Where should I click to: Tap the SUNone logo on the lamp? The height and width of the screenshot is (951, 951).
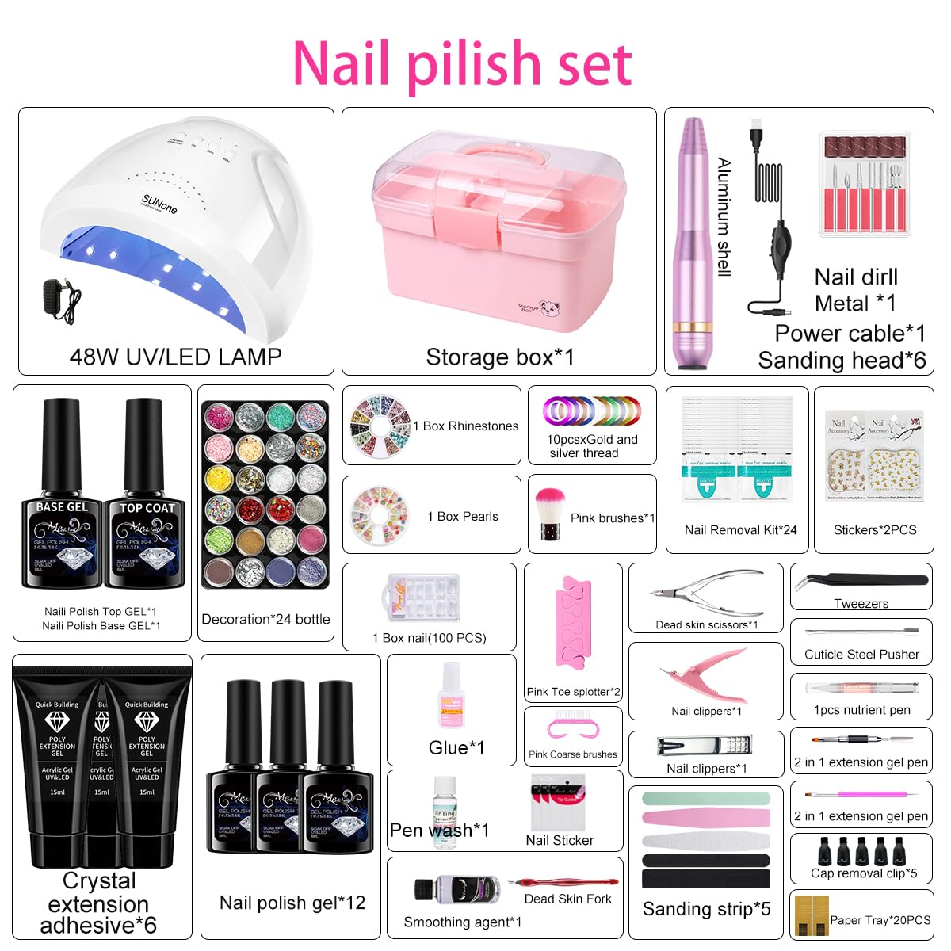pyautogui.click(x=159, y=203)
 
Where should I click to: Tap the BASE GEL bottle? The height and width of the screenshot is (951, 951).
pyautogui.click(x=62, y=499)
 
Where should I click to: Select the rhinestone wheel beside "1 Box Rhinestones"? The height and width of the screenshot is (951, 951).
pyautogui.click(x=380, y=426)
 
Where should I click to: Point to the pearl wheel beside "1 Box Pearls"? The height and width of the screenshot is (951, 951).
pyautogui.click(x=380, y=516)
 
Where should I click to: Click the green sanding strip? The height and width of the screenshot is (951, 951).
pyautogui.click(x=705, y=798)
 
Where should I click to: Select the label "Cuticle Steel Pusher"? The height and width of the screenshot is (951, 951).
pyautogui.click(x=861, y=654)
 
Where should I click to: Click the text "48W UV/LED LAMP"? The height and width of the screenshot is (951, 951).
pyautogui.click(x=175, y=357)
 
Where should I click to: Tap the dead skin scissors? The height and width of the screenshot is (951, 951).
pyautogui.click(x=705, y=592)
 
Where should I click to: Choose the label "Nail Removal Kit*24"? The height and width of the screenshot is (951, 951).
pyautogui.click(x=740, y=529)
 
